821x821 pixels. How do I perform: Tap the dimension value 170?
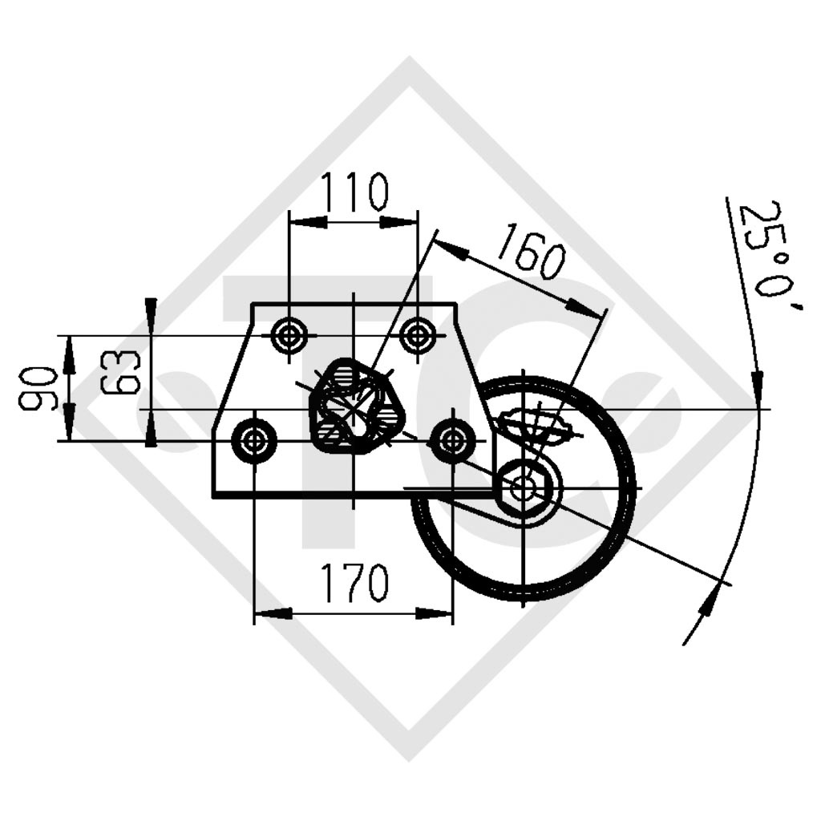pos(354,582)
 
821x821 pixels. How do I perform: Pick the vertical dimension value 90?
pos(37,388)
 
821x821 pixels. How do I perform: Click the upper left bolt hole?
pos(289,335)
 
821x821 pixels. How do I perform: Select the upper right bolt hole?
pos(418,335)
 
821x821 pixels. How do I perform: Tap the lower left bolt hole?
pos(254,441)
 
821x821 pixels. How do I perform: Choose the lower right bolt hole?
pos(452,441)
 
